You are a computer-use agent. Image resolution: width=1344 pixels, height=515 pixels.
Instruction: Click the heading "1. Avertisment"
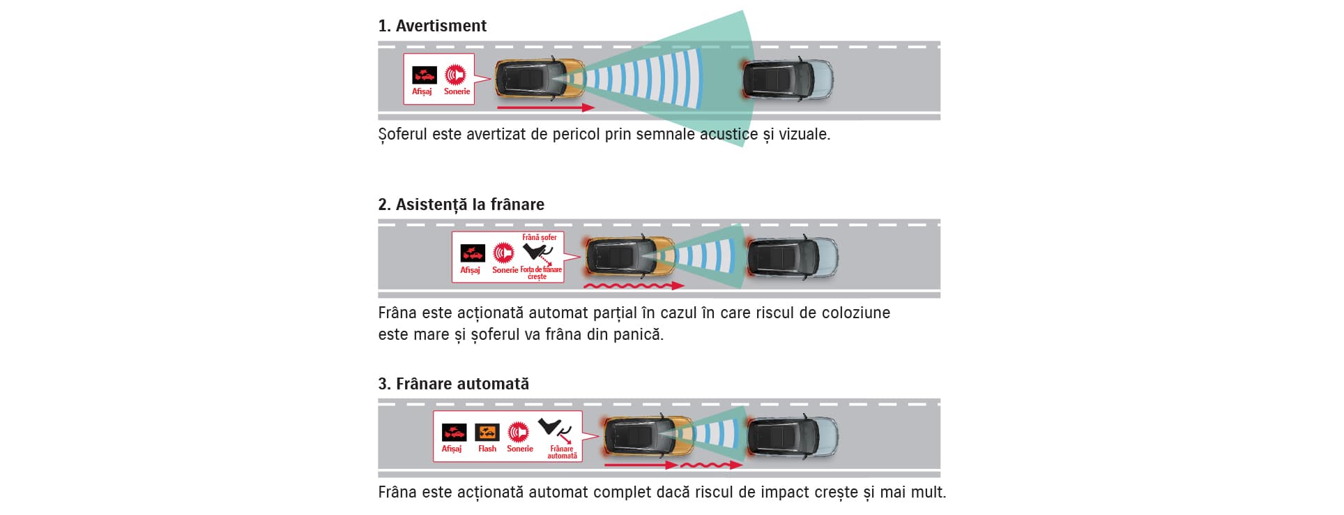tap(432, 26)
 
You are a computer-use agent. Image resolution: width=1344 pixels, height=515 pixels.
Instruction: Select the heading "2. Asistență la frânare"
tap(461, 204)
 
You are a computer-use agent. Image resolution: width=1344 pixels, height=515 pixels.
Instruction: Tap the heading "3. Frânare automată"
tap(453, 384)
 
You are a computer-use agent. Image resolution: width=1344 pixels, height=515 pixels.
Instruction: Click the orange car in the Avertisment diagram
tap(540, 78)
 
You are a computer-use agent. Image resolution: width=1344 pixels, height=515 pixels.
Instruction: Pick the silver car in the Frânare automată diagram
tap(792, 436)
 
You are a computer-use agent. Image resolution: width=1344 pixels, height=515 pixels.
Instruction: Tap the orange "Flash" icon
tap(487, 433)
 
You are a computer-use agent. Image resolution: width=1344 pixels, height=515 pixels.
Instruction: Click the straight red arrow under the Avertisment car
tap(546, 107)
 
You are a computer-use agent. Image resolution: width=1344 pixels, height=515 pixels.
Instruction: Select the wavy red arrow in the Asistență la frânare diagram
tap(634, 285)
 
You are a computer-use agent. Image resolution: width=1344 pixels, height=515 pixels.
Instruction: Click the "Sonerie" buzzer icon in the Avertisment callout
tap(456, 75)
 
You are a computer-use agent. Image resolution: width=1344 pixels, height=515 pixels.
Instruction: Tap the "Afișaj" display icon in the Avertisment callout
tap(424, 75)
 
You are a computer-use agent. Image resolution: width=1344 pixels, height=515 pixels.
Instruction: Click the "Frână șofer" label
tap(540, 237)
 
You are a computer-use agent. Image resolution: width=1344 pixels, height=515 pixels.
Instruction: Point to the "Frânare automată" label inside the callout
tap(562, 452)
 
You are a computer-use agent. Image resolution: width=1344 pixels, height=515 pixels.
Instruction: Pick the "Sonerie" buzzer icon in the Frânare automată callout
tap(518, 433)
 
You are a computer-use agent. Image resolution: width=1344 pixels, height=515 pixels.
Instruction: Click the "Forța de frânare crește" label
tap(540, 273)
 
